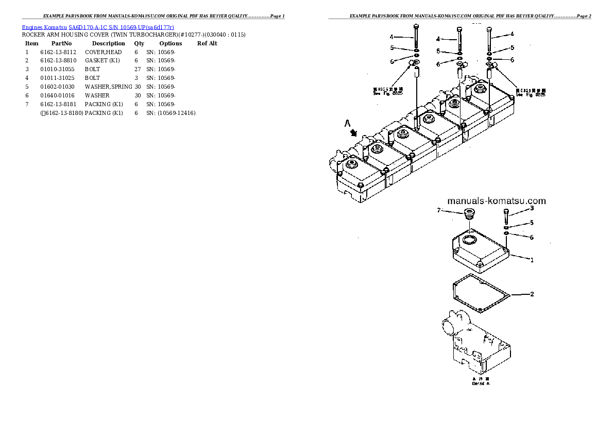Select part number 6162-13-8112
tap(58, 52)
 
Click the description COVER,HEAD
tap(103, 52)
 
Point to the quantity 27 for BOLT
tap(137, 69)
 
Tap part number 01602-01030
tap(57, 87)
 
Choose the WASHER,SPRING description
tap(109, 87)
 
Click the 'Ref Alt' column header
tap(207, 43)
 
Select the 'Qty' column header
tap(139, 43)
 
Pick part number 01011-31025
tap(57, 78)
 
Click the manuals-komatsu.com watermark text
tap(497, 201)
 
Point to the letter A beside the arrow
tap(348, 124)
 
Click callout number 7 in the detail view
tap(439, 210)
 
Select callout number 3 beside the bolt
tap(532, 208)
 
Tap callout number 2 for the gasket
tap(532, 294)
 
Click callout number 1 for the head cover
tap(532, 260)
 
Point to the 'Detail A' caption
tap(480, 384)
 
